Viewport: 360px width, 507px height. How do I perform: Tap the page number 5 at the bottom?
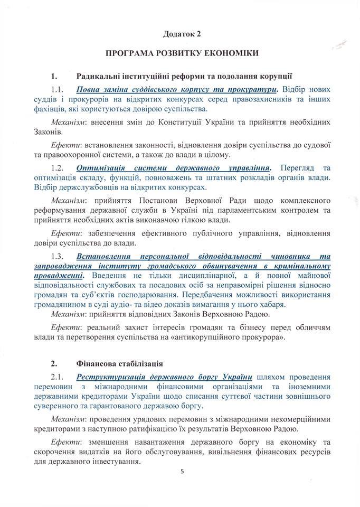181,479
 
